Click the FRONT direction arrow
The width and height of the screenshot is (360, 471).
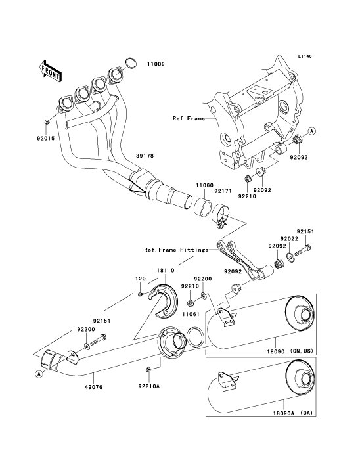50,71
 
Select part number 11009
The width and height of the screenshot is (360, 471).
156,64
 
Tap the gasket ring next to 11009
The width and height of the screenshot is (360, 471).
131,63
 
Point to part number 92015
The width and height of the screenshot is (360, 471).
46,139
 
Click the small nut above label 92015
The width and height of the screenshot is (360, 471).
46,122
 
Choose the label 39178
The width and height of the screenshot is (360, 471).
145,156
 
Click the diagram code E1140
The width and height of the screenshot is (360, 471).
305,56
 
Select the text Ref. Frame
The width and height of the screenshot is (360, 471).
189,118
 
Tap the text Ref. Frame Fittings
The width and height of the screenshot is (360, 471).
176,250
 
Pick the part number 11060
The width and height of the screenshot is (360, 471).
204,186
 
